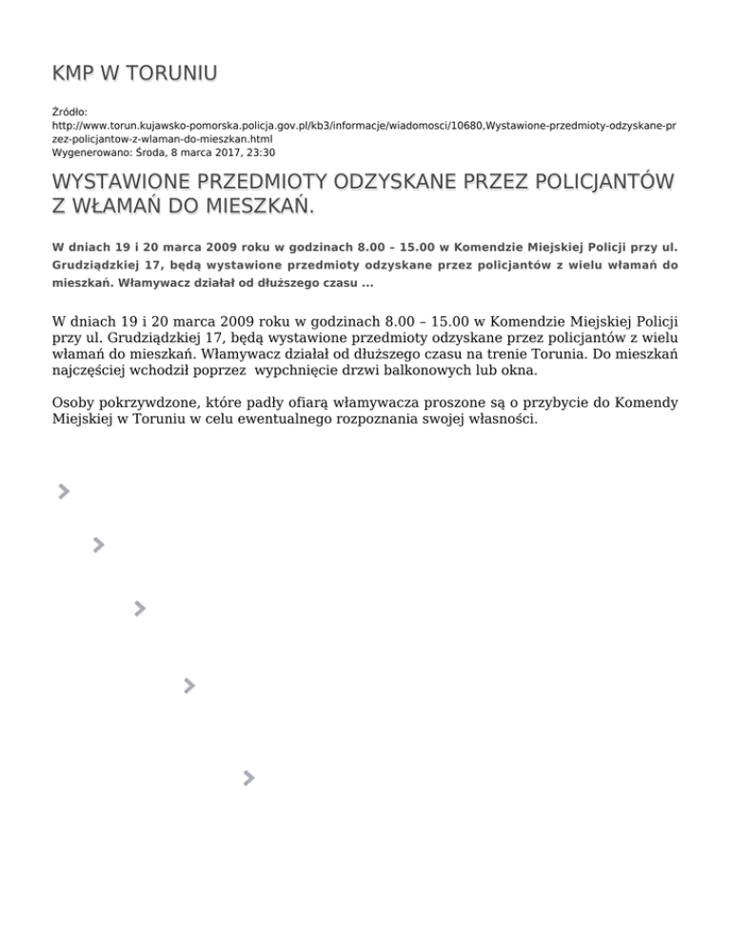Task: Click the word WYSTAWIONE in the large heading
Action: tap(123, 181)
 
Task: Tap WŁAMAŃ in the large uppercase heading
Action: tap(118, 206)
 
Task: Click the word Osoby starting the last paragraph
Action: tap(75, 403)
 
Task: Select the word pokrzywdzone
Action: tap(148, 403)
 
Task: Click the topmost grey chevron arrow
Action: tap(63, 491)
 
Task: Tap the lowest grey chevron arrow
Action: tap(248, 778)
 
